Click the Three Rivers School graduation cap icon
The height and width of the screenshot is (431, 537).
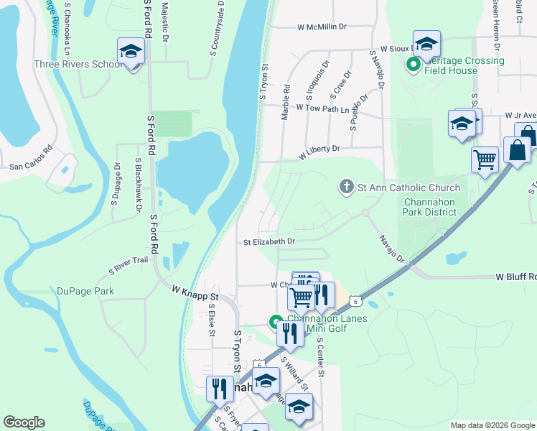pos(131,52)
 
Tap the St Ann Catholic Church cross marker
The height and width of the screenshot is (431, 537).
pos(347,187)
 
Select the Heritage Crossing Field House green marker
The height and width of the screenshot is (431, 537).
pos(414,66)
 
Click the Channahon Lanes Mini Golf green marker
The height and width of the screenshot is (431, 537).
pos(275,323)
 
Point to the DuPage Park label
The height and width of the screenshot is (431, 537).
pos(85,292)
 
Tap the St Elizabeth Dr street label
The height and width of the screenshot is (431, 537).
pos(269,242)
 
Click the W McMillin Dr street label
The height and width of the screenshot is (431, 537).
pos(322,27)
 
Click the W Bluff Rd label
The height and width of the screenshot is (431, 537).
pos(515,277)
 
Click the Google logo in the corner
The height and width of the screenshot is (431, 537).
pos(24,422)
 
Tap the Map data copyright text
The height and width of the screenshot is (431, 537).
pos(492,425)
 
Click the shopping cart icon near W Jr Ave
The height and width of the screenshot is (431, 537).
pos(485,159)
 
